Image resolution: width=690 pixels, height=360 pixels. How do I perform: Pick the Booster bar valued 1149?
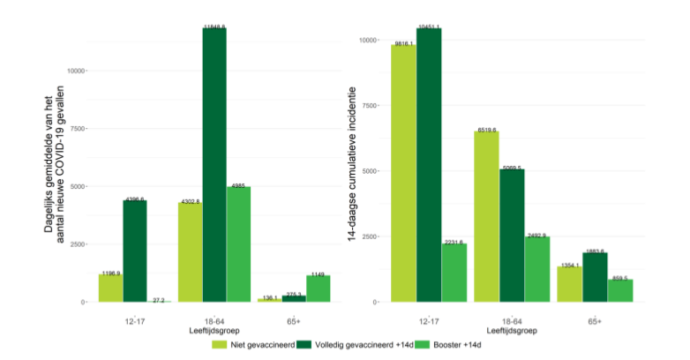[318, 289]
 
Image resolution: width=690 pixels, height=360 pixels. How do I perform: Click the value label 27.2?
[159, 299]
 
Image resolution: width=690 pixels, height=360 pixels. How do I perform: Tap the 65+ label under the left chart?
[293, 321]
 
